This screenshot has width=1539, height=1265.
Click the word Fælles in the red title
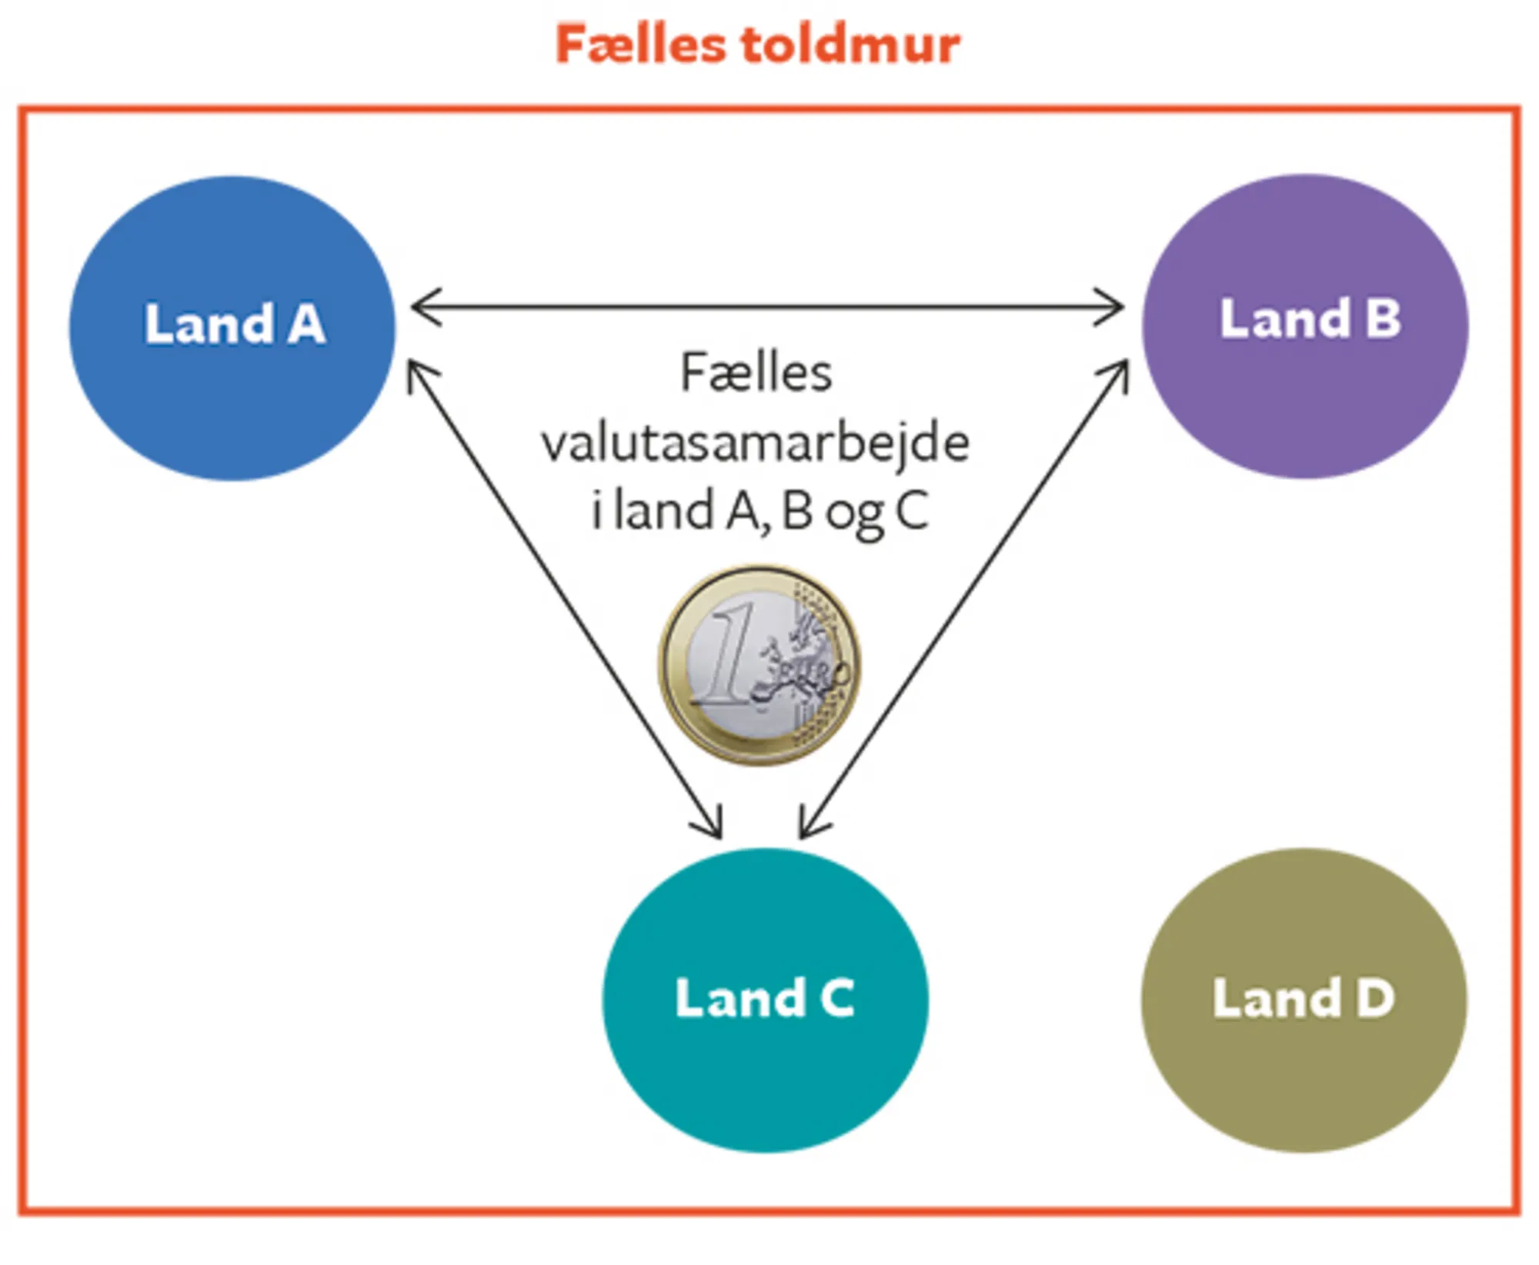click(640, 44)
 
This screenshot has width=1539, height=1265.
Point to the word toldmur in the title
click(851, 44)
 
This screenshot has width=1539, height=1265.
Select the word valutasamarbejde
click(755, 444)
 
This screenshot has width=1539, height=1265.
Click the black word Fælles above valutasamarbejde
click(756, 374)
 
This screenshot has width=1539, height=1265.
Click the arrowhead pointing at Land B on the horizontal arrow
click(1113, 307)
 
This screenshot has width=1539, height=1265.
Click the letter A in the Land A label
click(306, 324)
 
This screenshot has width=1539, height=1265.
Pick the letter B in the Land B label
click(1383, 319)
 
